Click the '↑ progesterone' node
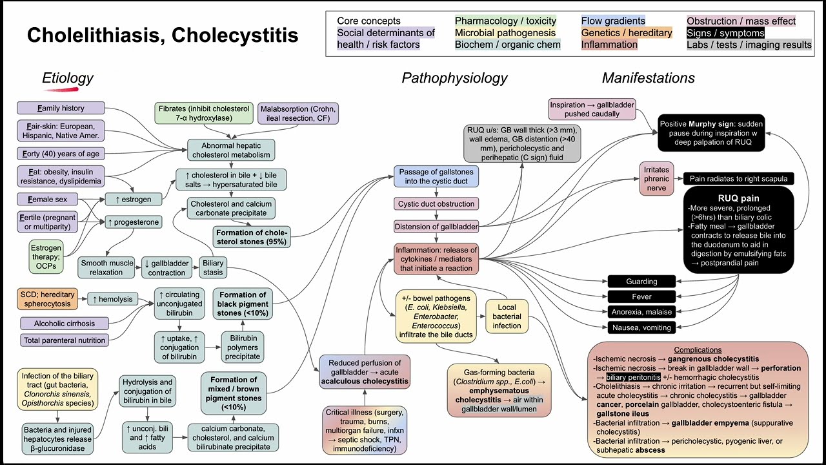(133, 222)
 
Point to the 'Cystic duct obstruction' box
(436, 204)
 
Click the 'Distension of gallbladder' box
(436, 226)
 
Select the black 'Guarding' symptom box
(641, 281)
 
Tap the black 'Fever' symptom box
(641, 296)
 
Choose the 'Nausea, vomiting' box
(641, 327)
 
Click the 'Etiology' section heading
(67, 78)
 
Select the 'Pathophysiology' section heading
(454, 78)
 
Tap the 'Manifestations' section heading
(648, 78)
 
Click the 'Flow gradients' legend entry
(612, 21)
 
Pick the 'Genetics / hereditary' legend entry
(626, 33)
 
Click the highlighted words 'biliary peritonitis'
(633, 377)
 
